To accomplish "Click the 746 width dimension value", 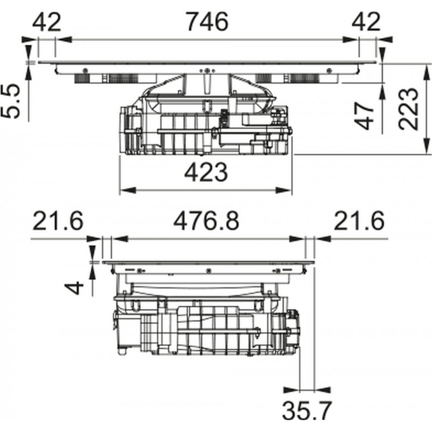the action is click(x=207, y=21).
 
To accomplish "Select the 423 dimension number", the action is click(x=206, y=172).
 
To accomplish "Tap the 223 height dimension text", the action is click(x=409, y=109).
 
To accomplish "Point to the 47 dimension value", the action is click(x=364, y=116).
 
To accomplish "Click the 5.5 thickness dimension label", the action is click(x=10, y=101).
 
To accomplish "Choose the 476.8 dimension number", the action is click(x=206, y=221).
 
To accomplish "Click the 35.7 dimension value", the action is click(x=306, y=411).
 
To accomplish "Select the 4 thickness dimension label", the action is click(x=74, y=288).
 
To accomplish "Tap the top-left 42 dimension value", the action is click(x=46, y=22).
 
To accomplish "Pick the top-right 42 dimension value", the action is click(x=366, y=22).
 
